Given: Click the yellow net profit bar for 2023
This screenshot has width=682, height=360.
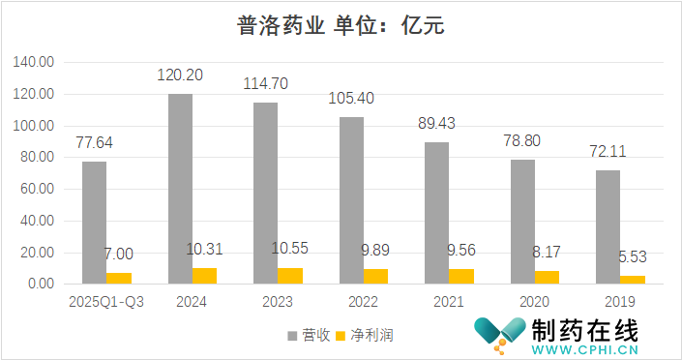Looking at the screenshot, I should click(x=290, y=275).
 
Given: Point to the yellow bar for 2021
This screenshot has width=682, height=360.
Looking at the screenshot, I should click(x=461, y=276).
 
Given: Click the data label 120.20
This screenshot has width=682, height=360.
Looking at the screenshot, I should click(x=180, y=75).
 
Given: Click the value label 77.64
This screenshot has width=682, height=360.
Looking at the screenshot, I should click(x=94, y=142).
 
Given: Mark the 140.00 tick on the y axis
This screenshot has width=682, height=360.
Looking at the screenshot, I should click(x=33, y=62).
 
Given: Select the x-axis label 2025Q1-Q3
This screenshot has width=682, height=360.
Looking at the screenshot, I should click(x=106, y=302).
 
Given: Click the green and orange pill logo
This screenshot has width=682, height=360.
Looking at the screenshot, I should click(x=497, y=334).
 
